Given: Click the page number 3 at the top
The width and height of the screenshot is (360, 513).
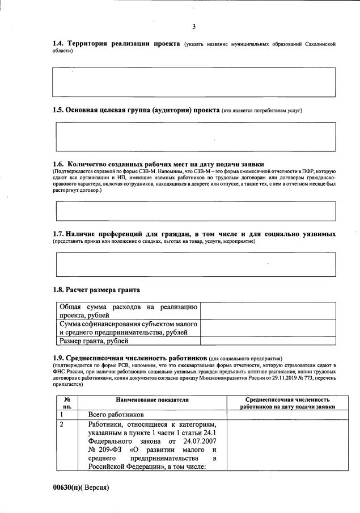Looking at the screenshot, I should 194,27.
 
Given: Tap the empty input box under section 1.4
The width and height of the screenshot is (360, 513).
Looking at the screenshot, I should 194,82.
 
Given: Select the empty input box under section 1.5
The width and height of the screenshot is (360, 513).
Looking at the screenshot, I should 194,136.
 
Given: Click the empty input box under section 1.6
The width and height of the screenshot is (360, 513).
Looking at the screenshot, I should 194,211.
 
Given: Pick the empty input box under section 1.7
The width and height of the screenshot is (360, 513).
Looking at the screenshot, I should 194,264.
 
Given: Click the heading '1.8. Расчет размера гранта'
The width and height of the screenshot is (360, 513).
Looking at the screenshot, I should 96,290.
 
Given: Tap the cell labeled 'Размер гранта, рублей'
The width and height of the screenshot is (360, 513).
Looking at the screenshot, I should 94,341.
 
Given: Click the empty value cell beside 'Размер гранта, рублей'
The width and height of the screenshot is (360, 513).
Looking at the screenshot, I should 268,341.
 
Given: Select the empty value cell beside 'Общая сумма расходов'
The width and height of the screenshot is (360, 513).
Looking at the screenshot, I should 268,311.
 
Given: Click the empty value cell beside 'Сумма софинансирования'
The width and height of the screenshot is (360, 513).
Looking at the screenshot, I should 268,328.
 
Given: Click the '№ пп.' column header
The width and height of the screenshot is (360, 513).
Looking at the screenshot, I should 67,403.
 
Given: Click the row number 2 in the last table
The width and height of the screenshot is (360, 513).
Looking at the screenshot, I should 61,424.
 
